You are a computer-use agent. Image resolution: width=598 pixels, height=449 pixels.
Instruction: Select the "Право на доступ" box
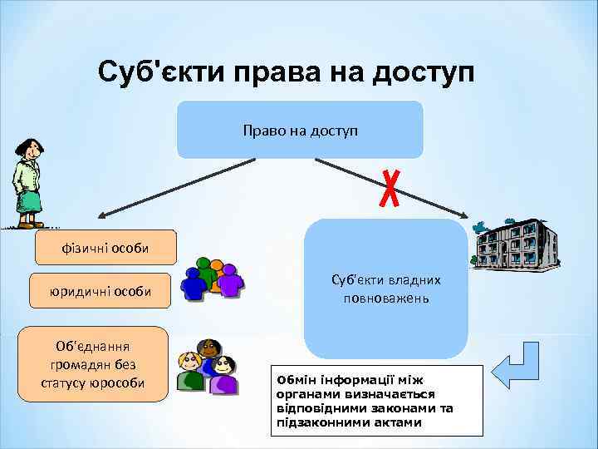300,130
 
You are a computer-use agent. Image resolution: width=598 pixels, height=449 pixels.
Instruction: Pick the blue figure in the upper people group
194,284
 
